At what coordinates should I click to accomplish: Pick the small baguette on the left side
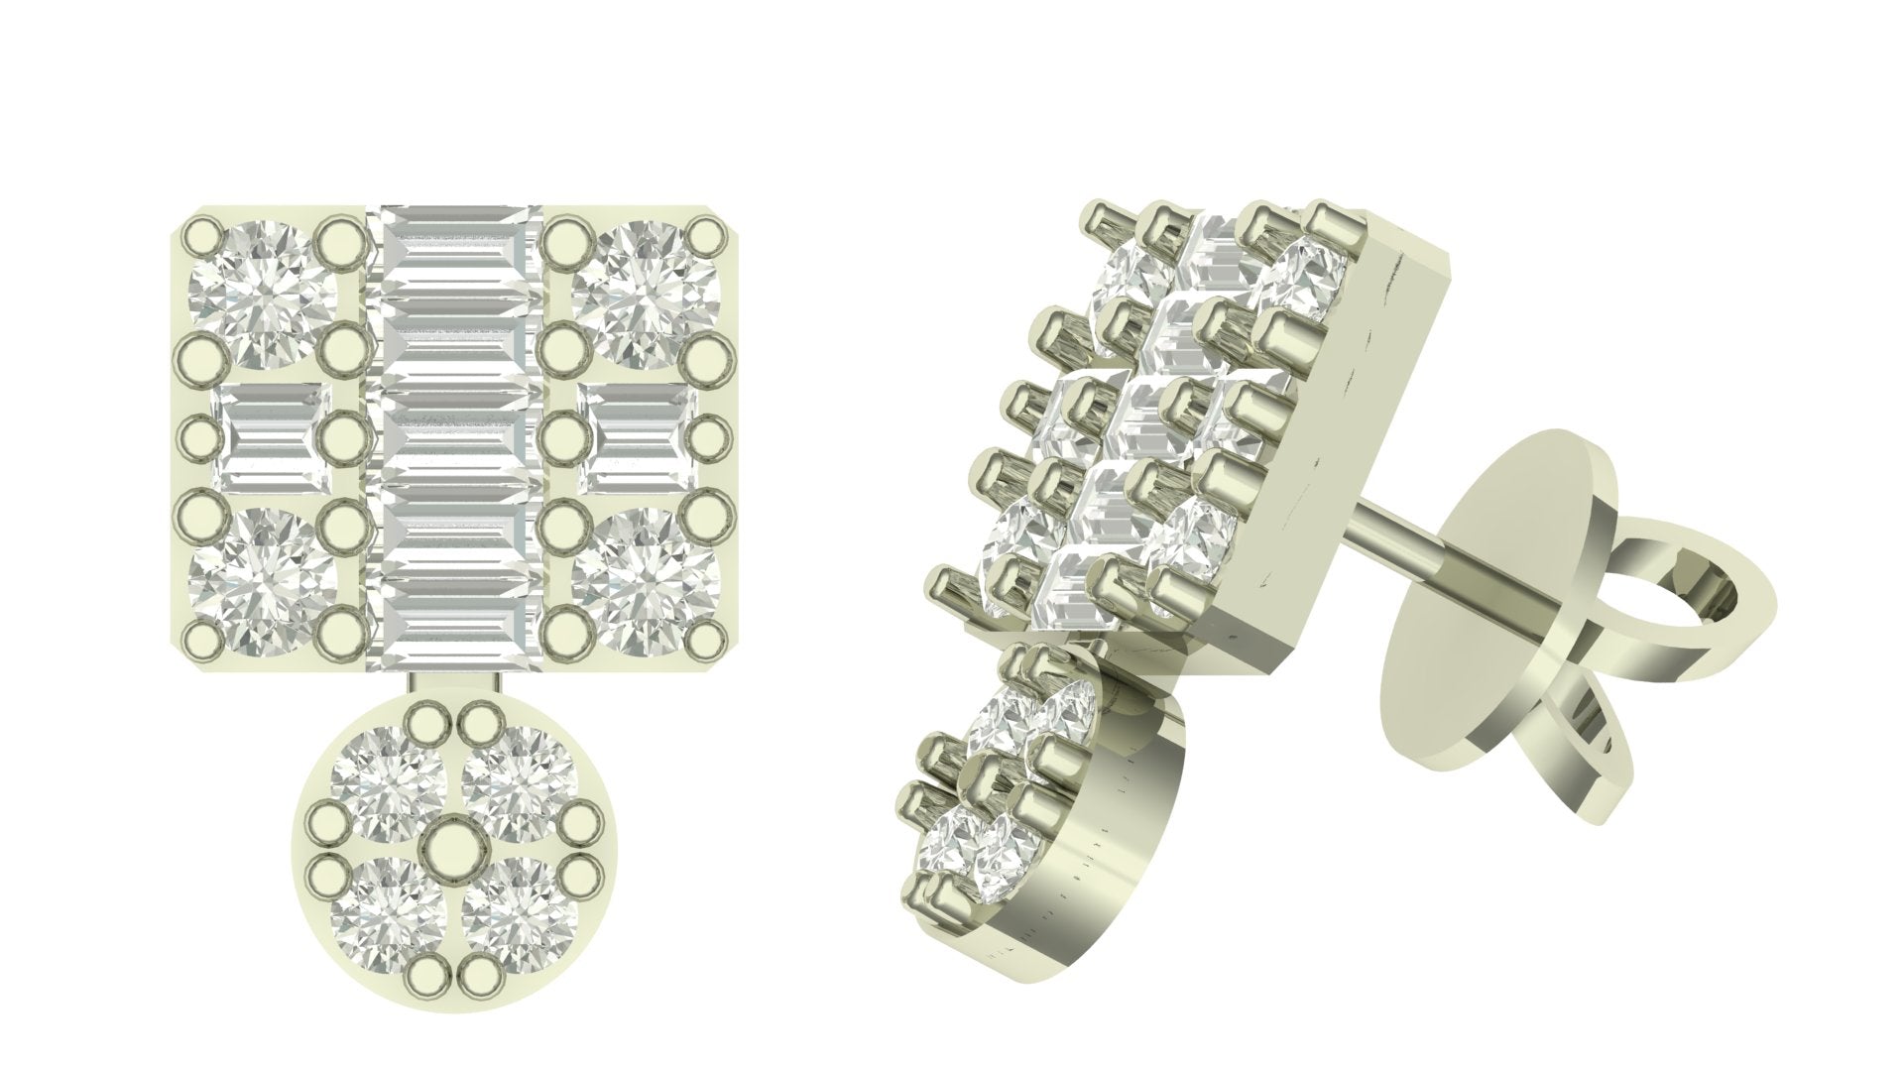click(268, 437)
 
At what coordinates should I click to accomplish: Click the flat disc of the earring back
click(1458, 635)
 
